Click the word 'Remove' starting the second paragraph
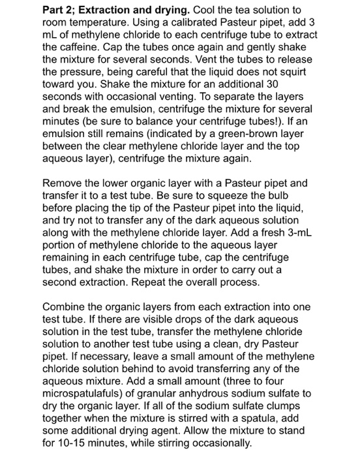click(63, 185)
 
